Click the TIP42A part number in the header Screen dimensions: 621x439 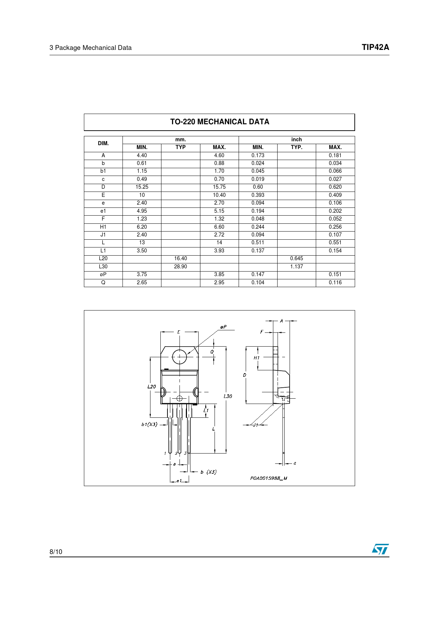pos(375,47)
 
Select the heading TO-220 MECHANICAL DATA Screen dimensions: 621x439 pos(219,122)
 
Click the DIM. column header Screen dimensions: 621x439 pos(103,143)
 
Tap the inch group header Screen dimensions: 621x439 pos(296,139)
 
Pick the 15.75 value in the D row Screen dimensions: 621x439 pos(219,187)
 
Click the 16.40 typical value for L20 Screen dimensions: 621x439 pos(180,258)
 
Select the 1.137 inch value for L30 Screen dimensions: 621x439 pos(296,267)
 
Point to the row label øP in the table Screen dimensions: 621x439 pos(103,274)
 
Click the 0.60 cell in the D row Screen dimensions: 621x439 pos(258,187)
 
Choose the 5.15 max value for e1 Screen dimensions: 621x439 pos(219,211)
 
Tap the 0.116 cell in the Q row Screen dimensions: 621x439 pos(335,283)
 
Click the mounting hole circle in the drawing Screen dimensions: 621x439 pos(179,357)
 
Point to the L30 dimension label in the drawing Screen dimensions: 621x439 pos(228,396)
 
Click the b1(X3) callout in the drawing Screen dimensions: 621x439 pos(149,424)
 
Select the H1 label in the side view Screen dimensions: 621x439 pos(256,358)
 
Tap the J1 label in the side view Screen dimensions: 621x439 pos(255,425)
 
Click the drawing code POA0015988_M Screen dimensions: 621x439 pos(268,478)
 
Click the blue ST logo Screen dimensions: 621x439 pos(380,549)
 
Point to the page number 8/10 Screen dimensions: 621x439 pos(56,552)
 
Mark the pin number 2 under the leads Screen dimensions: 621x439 pos(176,453)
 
